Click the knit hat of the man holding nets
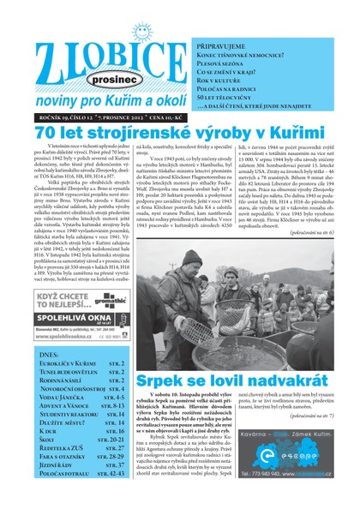point(192,257)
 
